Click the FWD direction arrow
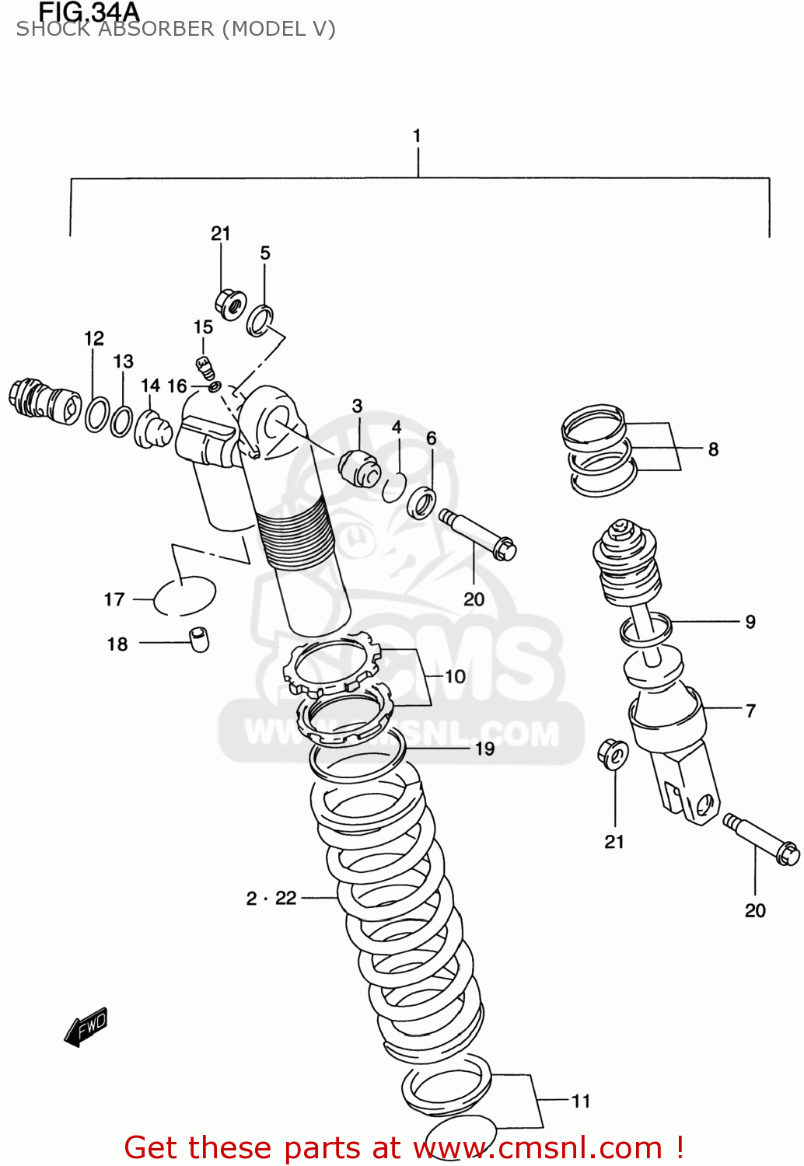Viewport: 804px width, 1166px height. point(86,1027)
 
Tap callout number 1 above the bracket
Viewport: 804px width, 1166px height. point(417,136)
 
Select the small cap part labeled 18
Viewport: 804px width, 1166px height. point(199,639)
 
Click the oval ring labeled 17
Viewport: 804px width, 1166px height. point(184,597)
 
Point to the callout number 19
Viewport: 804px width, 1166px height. point(484,749)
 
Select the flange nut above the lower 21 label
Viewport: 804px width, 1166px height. point(613,754)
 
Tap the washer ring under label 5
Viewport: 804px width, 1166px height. point(260,320)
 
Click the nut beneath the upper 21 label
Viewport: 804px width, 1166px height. point(230,304)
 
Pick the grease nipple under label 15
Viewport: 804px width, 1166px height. point(204,366)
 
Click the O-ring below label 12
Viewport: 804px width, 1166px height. point(97,414)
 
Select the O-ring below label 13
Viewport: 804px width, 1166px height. point(121,421)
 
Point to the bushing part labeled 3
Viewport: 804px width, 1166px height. point(359,466)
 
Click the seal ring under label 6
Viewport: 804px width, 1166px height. point(422,502)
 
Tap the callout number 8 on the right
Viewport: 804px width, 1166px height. point(713,449)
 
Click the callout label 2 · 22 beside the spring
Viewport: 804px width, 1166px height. point(271,899)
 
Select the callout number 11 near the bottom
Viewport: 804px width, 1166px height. point(581,1101)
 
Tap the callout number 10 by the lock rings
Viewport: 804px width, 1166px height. point(455,676)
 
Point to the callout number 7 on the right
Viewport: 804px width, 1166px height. point(750,710)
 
